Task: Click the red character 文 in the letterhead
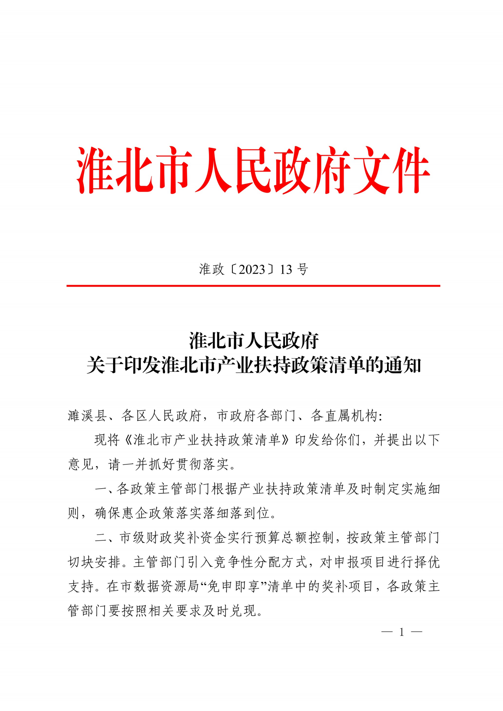(370, 170)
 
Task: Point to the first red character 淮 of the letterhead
(96, 170)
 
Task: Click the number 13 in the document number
(286, 269)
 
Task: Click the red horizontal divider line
(253, 285)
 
